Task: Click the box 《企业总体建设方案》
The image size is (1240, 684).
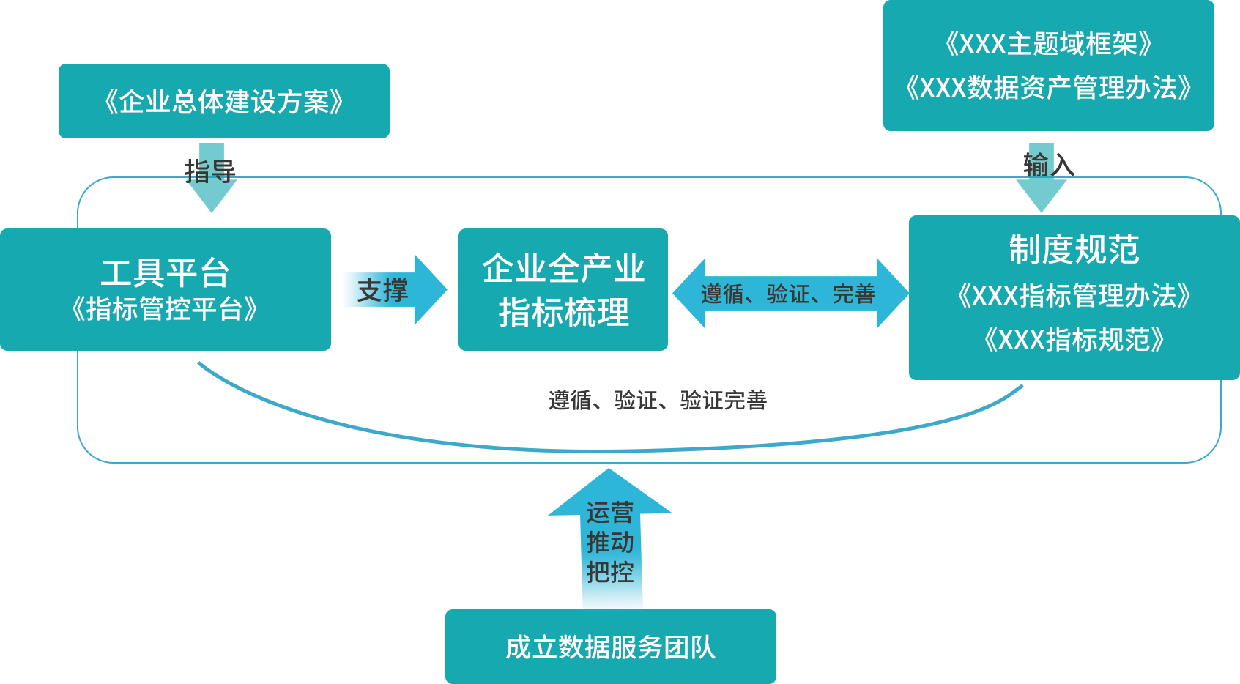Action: click(223, 101)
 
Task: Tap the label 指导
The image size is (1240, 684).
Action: click(210, 171)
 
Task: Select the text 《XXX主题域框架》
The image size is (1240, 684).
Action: click(1048, 45)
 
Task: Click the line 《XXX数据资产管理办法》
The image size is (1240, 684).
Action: click(1048, 88)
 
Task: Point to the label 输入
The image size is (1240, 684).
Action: click(1048, 166)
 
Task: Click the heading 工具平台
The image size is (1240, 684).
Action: click(166, 273)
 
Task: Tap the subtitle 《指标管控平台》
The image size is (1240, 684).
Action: click(165, 309)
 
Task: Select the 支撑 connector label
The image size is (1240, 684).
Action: click(382, 291)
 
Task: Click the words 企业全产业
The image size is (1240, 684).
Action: click(563, 269)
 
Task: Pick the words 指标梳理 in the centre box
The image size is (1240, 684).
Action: click(563, 313)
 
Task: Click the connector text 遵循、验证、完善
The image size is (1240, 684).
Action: click(788, 294)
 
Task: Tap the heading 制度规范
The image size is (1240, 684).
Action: click(1074, 250)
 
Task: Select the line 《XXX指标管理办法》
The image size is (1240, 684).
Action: click(1074, 296)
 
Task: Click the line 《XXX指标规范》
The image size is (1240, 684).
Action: click(1074, 340)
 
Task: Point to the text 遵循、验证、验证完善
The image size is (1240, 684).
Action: click(657, 400)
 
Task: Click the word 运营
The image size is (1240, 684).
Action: click(609, 512)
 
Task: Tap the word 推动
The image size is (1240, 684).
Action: click(609, 542)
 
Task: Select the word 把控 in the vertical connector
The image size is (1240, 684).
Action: click(609, 572)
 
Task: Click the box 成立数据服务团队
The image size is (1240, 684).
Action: click(610, 647)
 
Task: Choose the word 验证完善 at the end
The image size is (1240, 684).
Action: click(723, 400)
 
